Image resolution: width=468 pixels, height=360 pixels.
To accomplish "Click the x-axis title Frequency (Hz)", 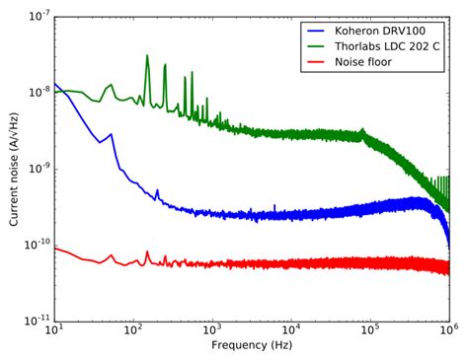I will tap(252, 347).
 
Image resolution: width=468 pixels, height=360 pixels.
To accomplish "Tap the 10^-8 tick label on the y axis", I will tap(37, 93).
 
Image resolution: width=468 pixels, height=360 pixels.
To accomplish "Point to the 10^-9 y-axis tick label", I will tap(37, 169).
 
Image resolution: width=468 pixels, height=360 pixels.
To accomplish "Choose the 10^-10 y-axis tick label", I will tap(36, 245).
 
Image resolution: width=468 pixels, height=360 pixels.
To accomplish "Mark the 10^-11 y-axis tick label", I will tap(36, 321).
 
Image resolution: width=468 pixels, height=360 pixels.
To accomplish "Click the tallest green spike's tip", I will tap(147, 55).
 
